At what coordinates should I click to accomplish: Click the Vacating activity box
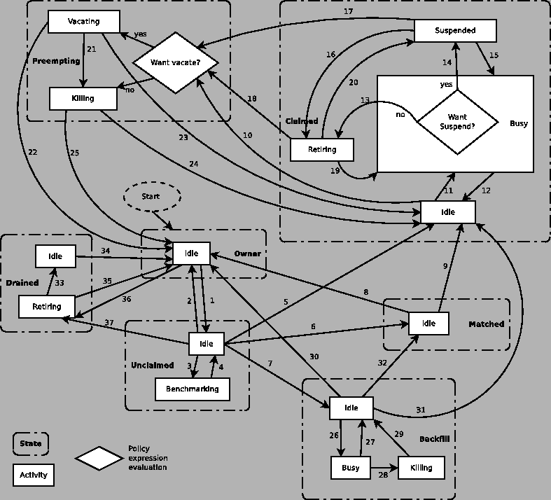83,21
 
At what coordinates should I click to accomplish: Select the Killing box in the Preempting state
83,98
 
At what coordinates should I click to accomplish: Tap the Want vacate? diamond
176,63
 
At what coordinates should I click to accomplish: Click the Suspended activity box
455,31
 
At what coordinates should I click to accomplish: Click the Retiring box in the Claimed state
322,149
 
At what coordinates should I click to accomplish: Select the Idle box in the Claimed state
448,212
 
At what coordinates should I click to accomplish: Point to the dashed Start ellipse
151,197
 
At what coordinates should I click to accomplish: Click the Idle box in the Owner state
191,253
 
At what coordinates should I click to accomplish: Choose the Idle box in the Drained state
55,256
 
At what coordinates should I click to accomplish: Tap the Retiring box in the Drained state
46,307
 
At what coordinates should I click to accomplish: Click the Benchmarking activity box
192,389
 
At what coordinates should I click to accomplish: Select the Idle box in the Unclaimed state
206,344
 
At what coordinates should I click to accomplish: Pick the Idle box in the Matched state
428,324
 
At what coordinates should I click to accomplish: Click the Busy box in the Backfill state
351,468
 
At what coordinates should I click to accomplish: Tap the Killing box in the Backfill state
421,468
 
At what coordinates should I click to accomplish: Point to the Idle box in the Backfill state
351,408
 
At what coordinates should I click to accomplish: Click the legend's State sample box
30,443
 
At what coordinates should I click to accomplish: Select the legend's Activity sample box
33,475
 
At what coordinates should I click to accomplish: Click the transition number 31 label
421,410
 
